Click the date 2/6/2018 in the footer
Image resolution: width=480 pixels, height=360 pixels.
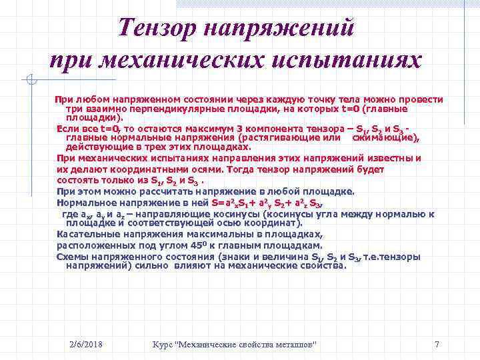tap(87, 344)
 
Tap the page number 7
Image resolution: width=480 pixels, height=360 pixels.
tap(437, 344)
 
